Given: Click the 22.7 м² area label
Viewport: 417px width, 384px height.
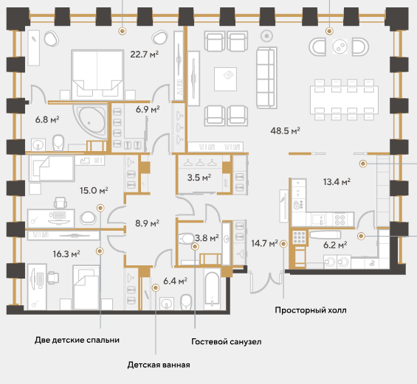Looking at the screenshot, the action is tap(145, 55).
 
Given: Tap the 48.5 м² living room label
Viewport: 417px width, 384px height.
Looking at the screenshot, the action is tap(285, 130).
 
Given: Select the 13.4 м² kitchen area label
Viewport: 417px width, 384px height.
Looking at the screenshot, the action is tap(337, 182).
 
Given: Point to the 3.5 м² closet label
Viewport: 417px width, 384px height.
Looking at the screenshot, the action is tap(199, 178).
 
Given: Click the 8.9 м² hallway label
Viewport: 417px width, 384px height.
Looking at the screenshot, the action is tap(147, 223).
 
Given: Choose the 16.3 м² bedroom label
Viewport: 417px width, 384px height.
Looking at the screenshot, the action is tap(66, 254).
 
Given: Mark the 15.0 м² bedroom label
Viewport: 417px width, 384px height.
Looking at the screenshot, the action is tap(94, 190).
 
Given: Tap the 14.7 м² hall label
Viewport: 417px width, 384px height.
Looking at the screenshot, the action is tap(265, 243).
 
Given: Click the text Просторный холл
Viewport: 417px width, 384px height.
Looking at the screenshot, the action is tap(311, 310).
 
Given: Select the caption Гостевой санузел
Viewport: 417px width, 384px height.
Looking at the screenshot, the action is tap(227, 341).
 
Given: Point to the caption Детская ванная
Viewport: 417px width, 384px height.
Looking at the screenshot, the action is tap(159, 365).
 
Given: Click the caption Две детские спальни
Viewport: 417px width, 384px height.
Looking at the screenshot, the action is tap(77, 340).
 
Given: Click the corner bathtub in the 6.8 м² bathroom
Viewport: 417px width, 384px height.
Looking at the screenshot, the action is tap(91, 121).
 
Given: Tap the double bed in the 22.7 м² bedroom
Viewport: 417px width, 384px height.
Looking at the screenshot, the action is tap(97, 74).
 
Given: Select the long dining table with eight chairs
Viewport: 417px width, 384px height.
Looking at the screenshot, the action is tap(344, 100).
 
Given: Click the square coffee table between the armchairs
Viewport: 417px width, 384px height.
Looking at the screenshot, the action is tap(226, 79).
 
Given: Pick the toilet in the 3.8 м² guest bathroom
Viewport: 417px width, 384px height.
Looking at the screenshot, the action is tap(187, 238).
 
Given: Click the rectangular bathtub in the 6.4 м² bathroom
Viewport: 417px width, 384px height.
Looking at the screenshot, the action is tap(213, 289).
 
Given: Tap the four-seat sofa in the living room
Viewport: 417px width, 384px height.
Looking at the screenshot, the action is tap(266, 77).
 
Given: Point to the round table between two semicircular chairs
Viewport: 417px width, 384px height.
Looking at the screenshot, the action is tap(340, 46).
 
